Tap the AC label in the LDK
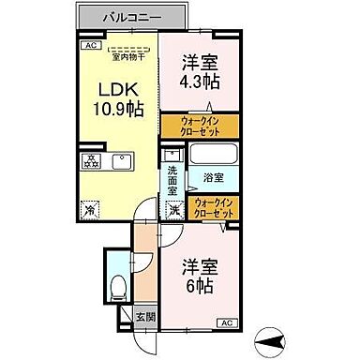[90, 44]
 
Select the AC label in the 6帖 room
[227, 323]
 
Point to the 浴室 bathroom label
[212, 176]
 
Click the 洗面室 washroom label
[172, 178]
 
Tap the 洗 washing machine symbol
[173, 211]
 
